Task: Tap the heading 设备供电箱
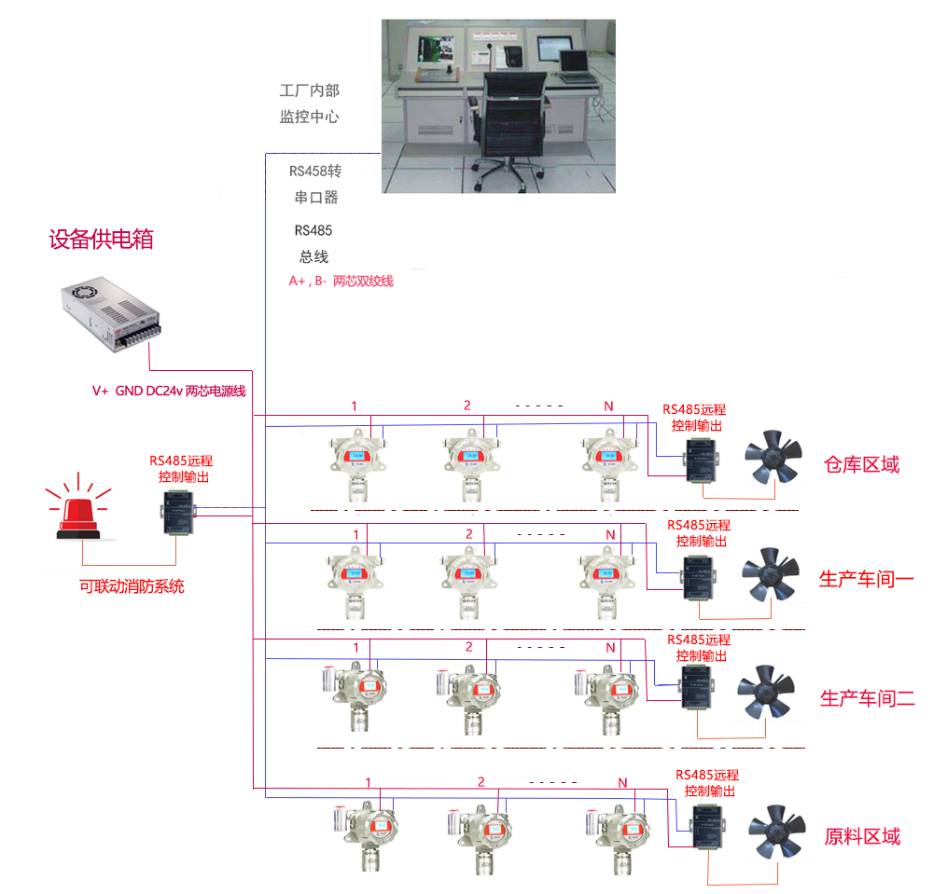click(101, 240)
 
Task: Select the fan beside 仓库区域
click(773, 456)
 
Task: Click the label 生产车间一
click(866, 579)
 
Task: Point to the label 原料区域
click(862, 835)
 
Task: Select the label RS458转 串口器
click(314, 184)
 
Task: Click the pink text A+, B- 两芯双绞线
click(341, 280)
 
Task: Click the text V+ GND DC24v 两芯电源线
click(169, 391)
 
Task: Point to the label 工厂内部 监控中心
click(309, 103)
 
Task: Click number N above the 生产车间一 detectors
click(610, 535)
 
